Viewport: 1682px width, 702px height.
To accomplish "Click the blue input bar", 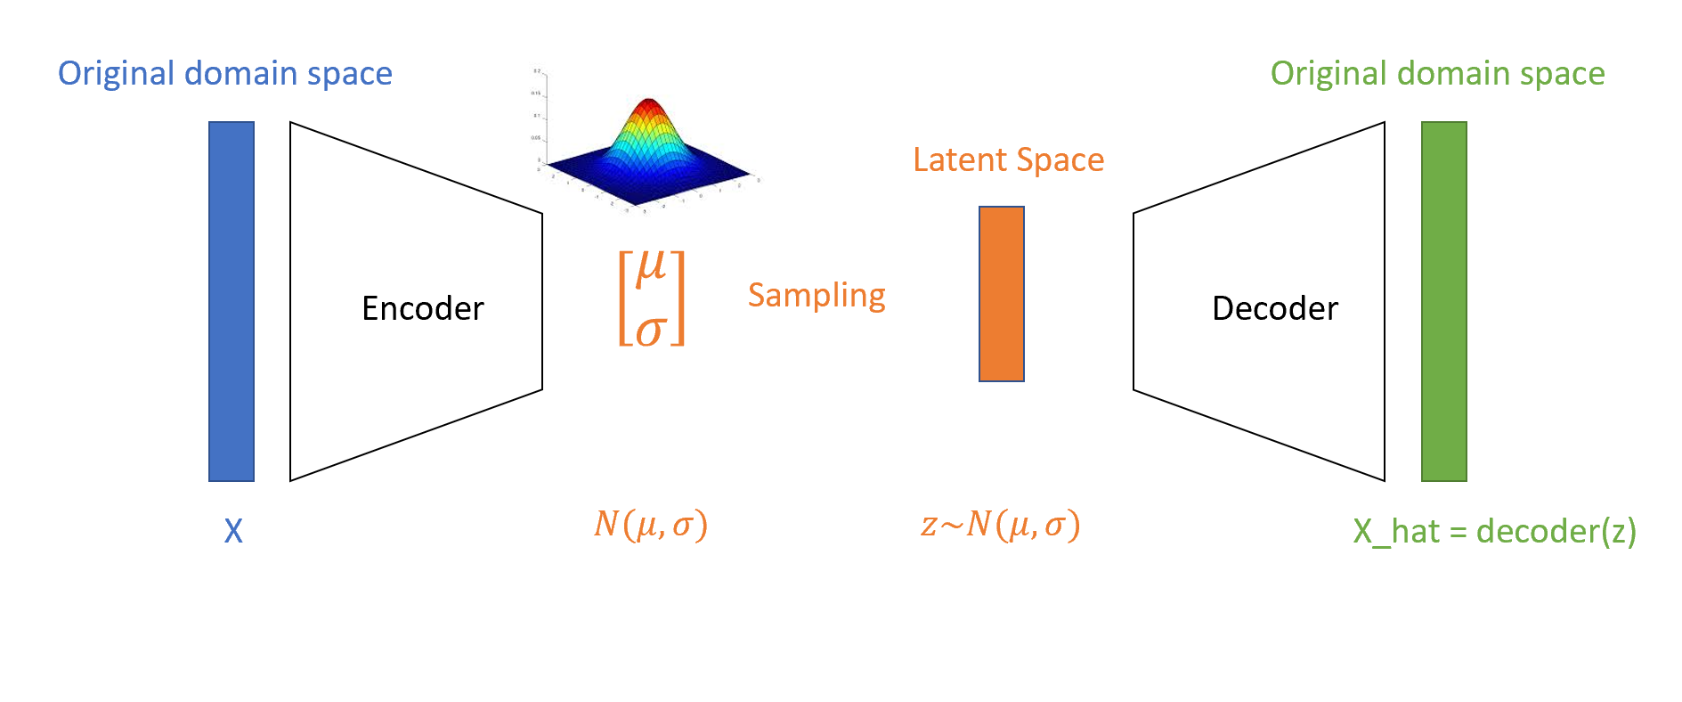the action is [232, 301].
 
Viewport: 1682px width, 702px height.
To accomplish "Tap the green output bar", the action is [1443, 301].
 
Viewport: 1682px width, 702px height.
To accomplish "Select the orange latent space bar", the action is [1002, 294].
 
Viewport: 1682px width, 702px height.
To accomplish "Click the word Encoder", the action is [422, 308].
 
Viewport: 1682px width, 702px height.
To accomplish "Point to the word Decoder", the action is [1274, 308].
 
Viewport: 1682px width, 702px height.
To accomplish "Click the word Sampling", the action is [817, 295].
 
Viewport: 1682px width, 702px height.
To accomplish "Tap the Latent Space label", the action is [1008, 159].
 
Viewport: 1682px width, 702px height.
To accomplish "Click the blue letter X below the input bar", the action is [233, 531].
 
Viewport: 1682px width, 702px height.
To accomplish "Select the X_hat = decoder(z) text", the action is [1494, 531].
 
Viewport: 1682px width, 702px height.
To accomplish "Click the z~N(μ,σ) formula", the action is [1000, 524].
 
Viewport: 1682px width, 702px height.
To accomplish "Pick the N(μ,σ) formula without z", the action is [651, 524].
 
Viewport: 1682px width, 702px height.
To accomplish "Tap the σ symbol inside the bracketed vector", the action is [651, 331].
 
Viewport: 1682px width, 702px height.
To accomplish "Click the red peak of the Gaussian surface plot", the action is [649, 106].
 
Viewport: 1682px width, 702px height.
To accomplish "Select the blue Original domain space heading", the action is [224, 73].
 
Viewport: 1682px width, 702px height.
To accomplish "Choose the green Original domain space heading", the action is [1437, 73].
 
